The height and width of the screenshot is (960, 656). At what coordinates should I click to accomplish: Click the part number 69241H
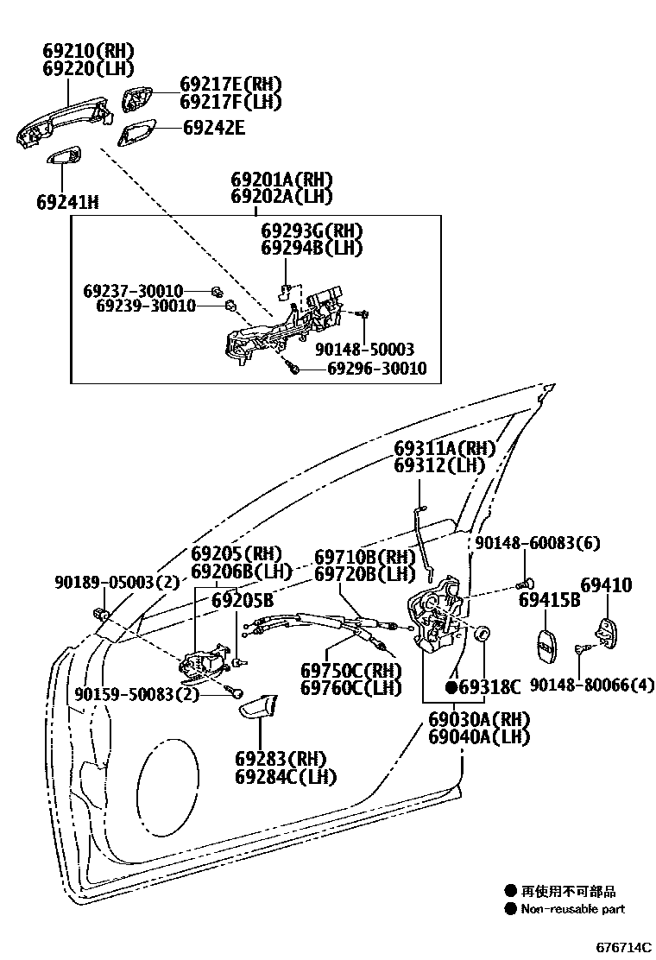tap(67, 203)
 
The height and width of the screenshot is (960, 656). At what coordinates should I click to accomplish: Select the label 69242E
tap(213, 129)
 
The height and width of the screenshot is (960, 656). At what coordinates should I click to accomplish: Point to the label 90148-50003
tap(364, 350)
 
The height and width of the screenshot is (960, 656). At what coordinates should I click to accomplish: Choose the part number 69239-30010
tap(146, 306)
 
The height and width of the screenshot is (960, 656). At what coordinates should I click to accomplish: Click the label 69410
tap(606, 586)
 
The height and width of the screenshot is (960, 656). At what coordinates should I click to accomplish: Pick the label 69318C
tap(490, 687)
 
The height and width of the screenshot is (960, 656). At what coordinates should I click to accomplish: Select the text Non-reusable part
tap(573, 909)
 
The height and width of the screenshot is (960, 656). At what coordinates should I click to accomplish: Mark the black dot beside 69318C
tap(451, 687)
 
